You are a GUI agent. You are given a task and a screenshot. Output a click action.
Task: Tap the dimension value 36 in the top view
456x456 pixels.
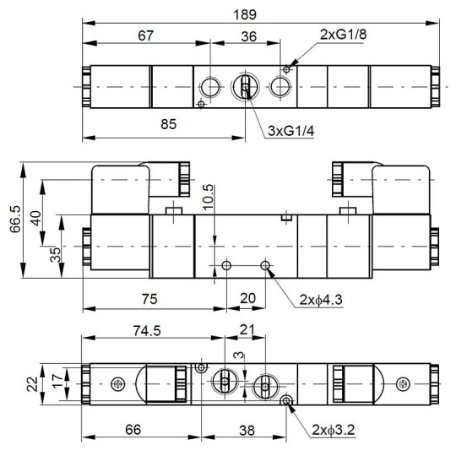click(249, 35)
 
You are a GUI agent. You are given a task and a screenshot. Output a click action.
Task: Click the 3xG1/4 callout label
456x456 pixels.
click(290, 133)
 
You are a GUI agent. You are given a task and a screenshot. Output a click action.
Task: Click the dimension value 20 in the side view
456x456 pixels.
click(247, 297)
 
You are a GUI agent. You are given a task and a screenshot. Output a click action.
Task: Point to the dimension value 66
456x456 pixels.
click(133, 430)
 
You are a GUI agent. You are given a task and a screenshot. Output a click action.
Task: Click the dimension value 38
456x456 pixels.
click(247, 430)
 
